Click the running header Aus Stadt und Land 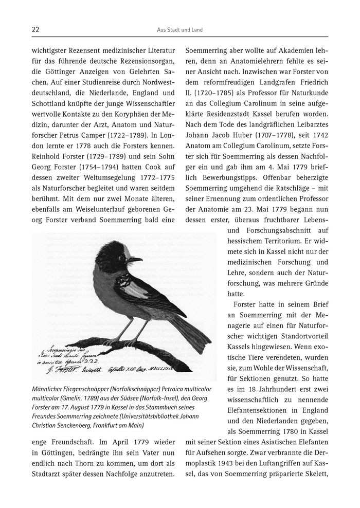[180, 30]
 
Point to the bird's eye [125, 256]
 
